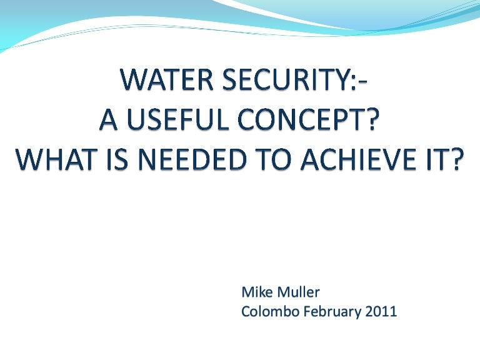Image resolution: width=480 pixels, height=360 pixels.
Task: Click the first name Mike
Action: [x=256, y=291]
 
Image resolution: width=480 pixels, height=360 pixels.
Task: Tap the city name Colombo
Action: [x=267, y=312]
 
